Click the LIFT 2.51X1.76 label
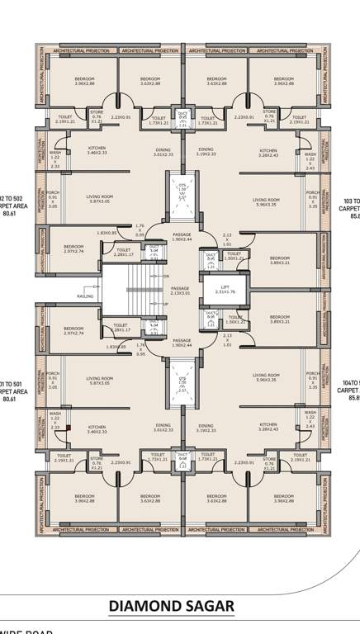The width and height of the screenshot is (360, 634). click(225, 290)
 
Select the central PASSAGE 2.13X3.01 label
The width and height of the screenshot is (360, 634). click(180, 291)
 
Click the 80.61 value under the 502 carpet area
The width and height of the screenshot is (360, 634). click(9, 214)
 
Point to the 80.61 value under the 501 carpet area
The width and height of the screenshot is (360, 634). click(9, 399)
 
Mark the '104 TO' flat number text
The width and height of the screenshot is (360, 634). click(352, 383)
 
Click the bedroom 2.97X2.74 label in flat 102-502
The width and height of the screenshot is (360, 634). click(73, 248)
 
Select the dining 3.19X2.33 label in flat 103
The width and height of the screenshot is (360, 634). click(206, 152)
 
